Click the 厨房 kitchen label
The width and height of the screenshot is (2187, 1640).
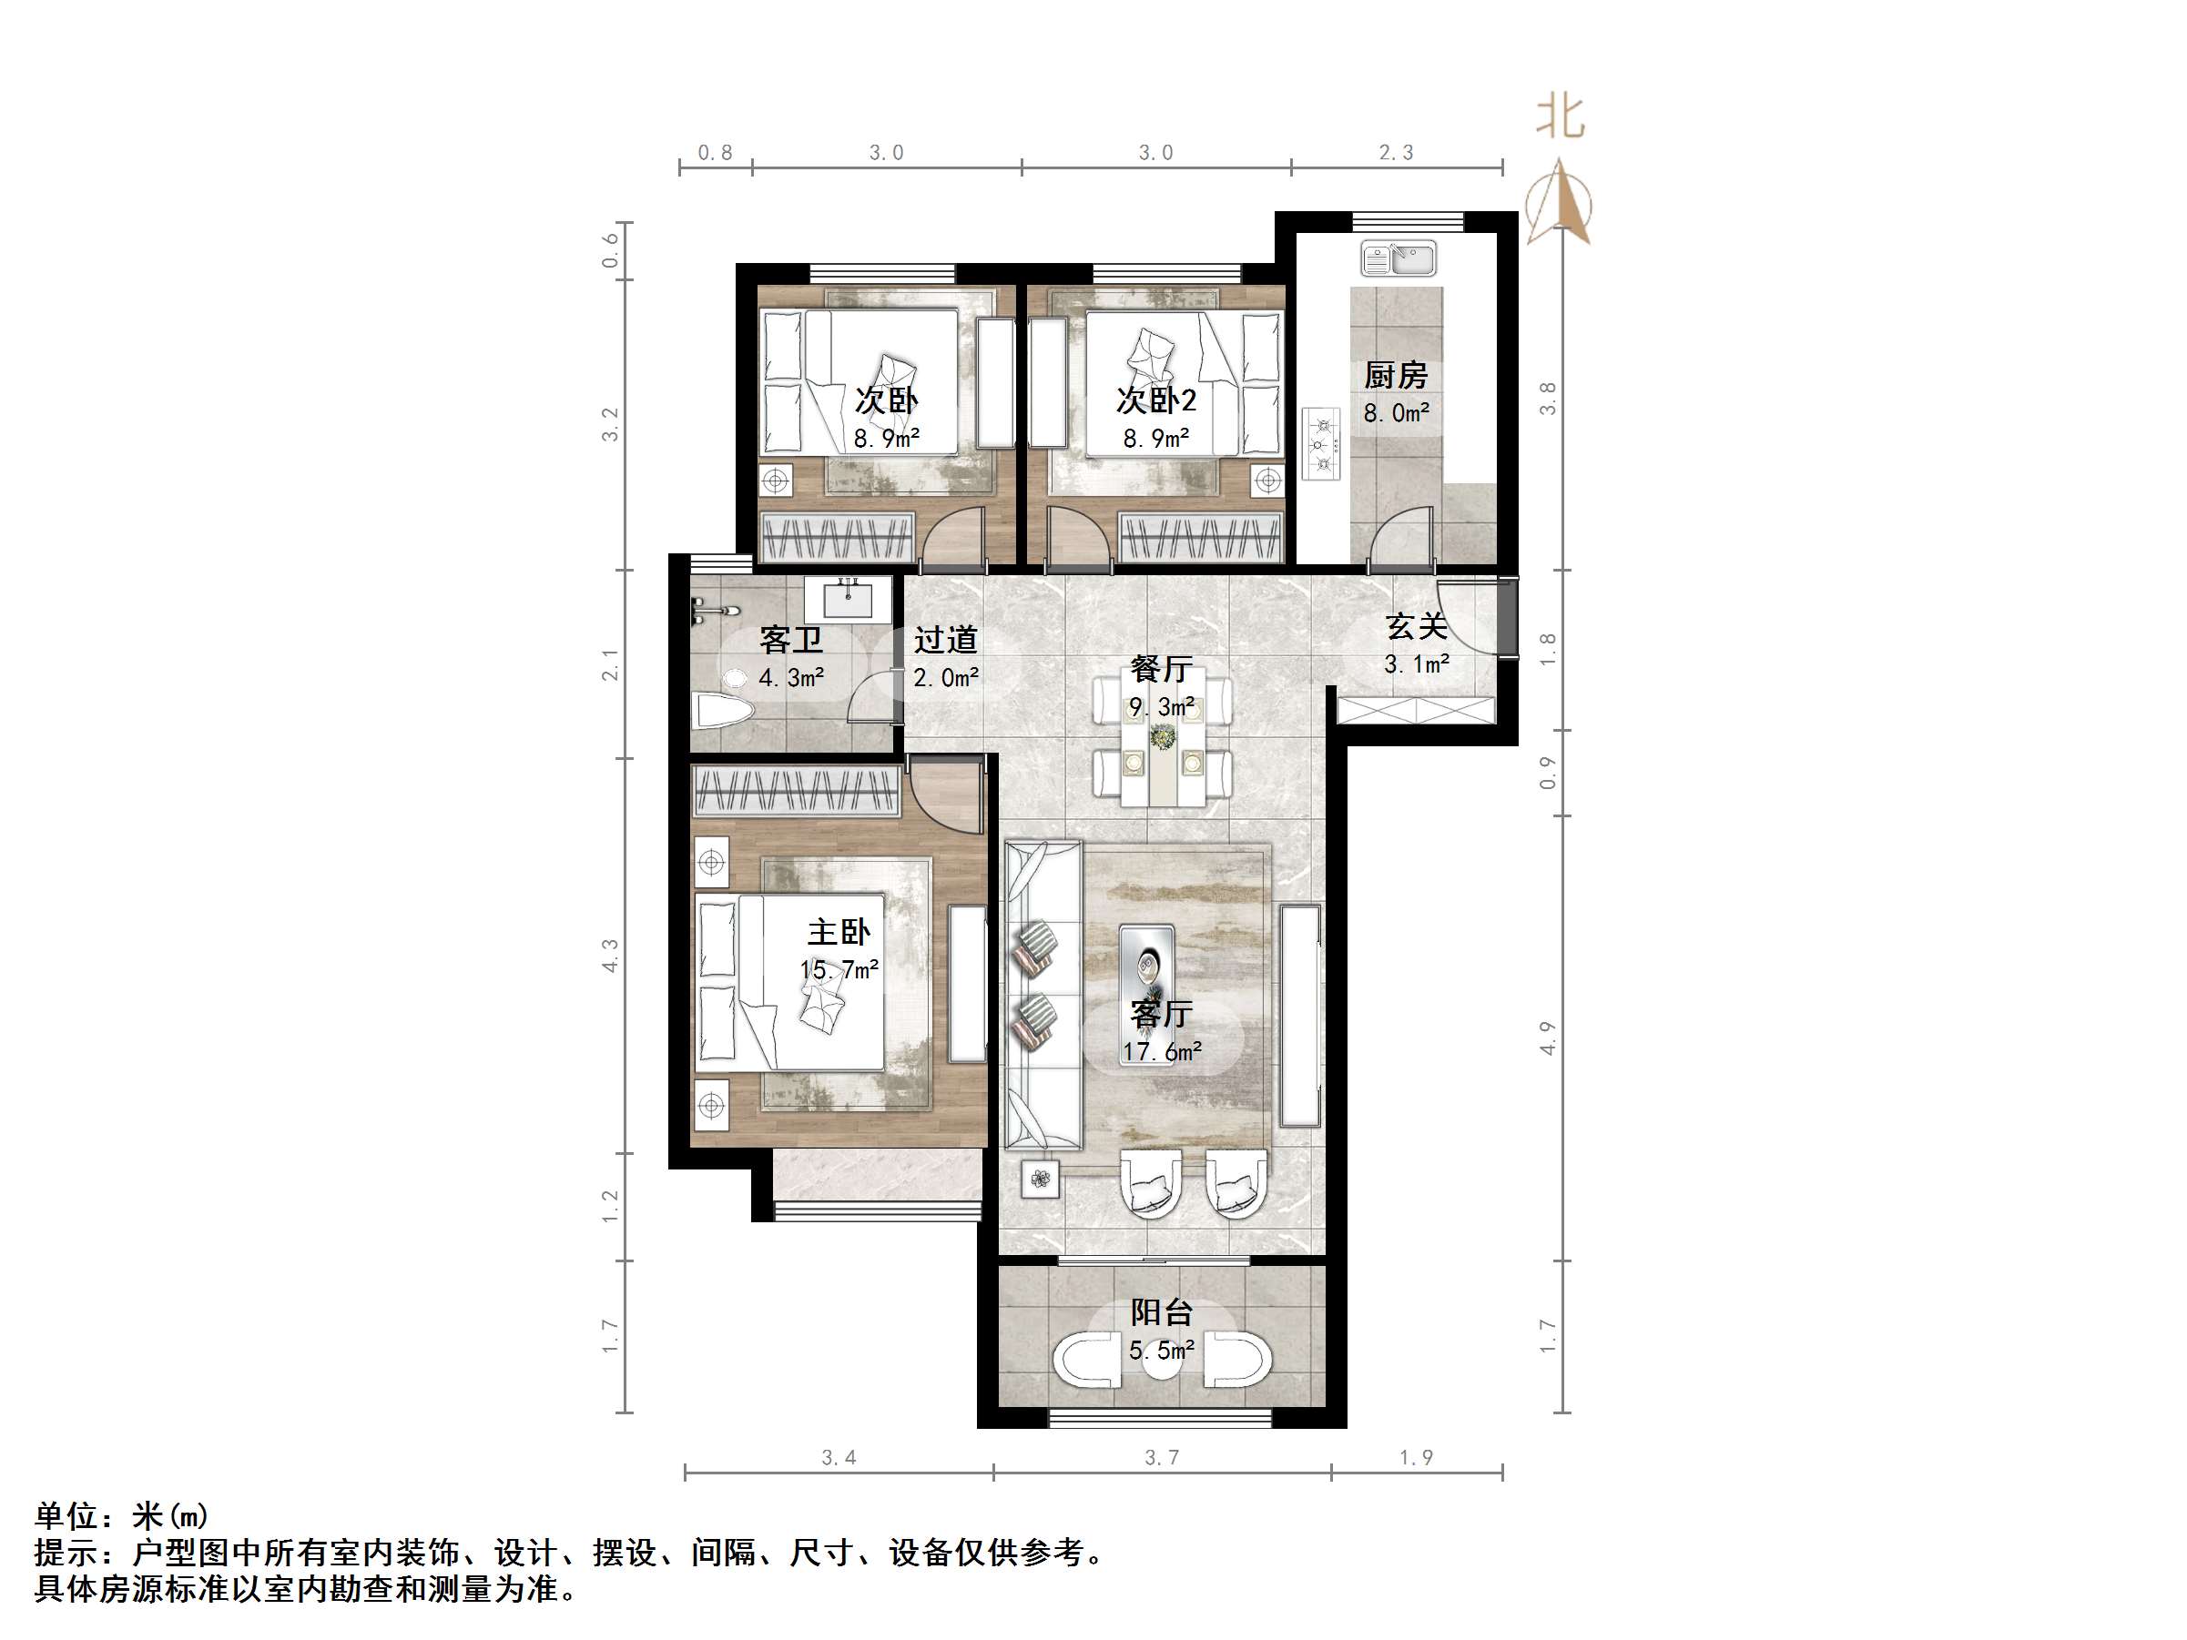[1395, 376]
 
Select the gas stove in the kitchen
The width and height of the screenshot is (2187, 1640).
[1320, 444]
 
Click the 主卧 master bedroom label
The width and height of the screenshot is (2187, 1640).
[839, 932]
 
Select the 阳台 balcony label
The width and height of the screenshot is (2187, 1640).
[1162, 1312]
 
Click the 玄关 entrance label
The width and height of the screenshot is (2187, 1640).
[1416, 627]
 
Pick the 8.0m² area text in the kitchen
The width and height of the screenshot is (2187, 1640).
[1396, 413]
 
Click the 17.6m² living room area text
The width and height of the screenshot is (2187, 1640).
[1162, 1052]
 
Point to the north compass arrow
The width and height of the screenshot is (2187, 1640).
[1559, 203]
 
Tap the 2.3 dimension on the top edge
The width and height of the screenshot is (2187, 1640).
[1396, 152]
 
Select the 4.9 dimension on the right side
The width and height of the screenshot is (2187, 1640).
[1549, 1038]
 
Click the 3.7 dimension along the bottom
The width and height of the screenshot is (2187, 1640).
[1162, 1457]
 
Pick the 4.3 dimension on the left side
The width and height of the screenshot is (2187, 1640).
[610, 955]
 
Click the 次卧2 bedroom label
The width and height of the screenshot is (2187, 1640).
[1155, 400]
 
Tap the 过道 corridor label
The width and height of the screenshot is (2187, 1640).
[945, 641]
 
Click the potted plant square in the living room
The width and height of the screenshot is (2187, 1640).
[1039, 1179]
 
